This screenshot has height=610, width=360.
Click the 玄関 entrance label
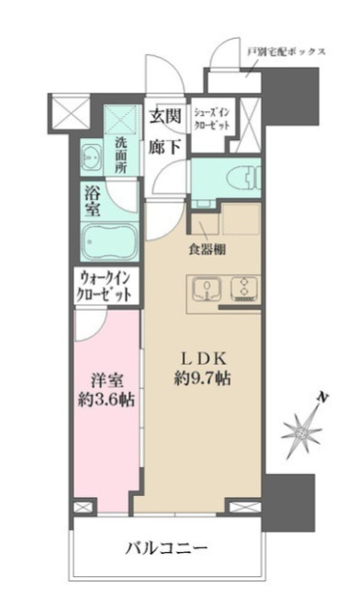[x=165, y=117]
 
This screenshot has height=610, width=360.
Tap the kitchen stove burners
[x=243, y=289]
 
